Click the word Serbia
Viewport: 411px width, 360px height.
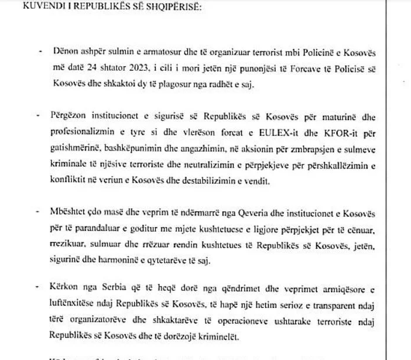coord(129,286)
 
